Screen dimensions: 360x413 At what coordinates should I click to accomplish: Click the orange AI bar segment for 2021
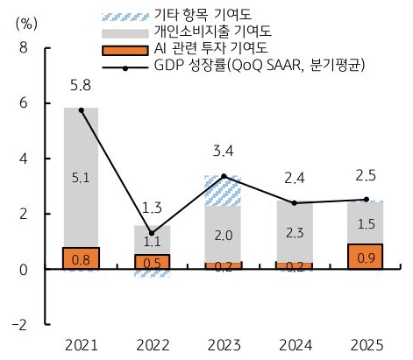[x=82, y=258]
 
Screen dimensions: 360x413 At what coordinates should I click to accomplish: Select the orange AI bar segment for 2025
[x=366, y=257]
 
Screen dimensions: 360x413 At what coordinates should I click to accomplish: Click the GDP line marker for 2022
[x=152, y=233]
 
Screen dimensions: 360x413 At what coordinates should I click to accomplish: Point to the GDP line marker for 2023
[x=224, y=176]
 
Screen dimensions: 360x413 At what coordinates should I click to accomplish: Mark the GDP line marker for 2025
[x=366, y=200]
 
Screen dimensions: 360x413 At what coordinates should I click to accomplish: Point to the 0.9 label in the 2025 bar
[x=366, y=258]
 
